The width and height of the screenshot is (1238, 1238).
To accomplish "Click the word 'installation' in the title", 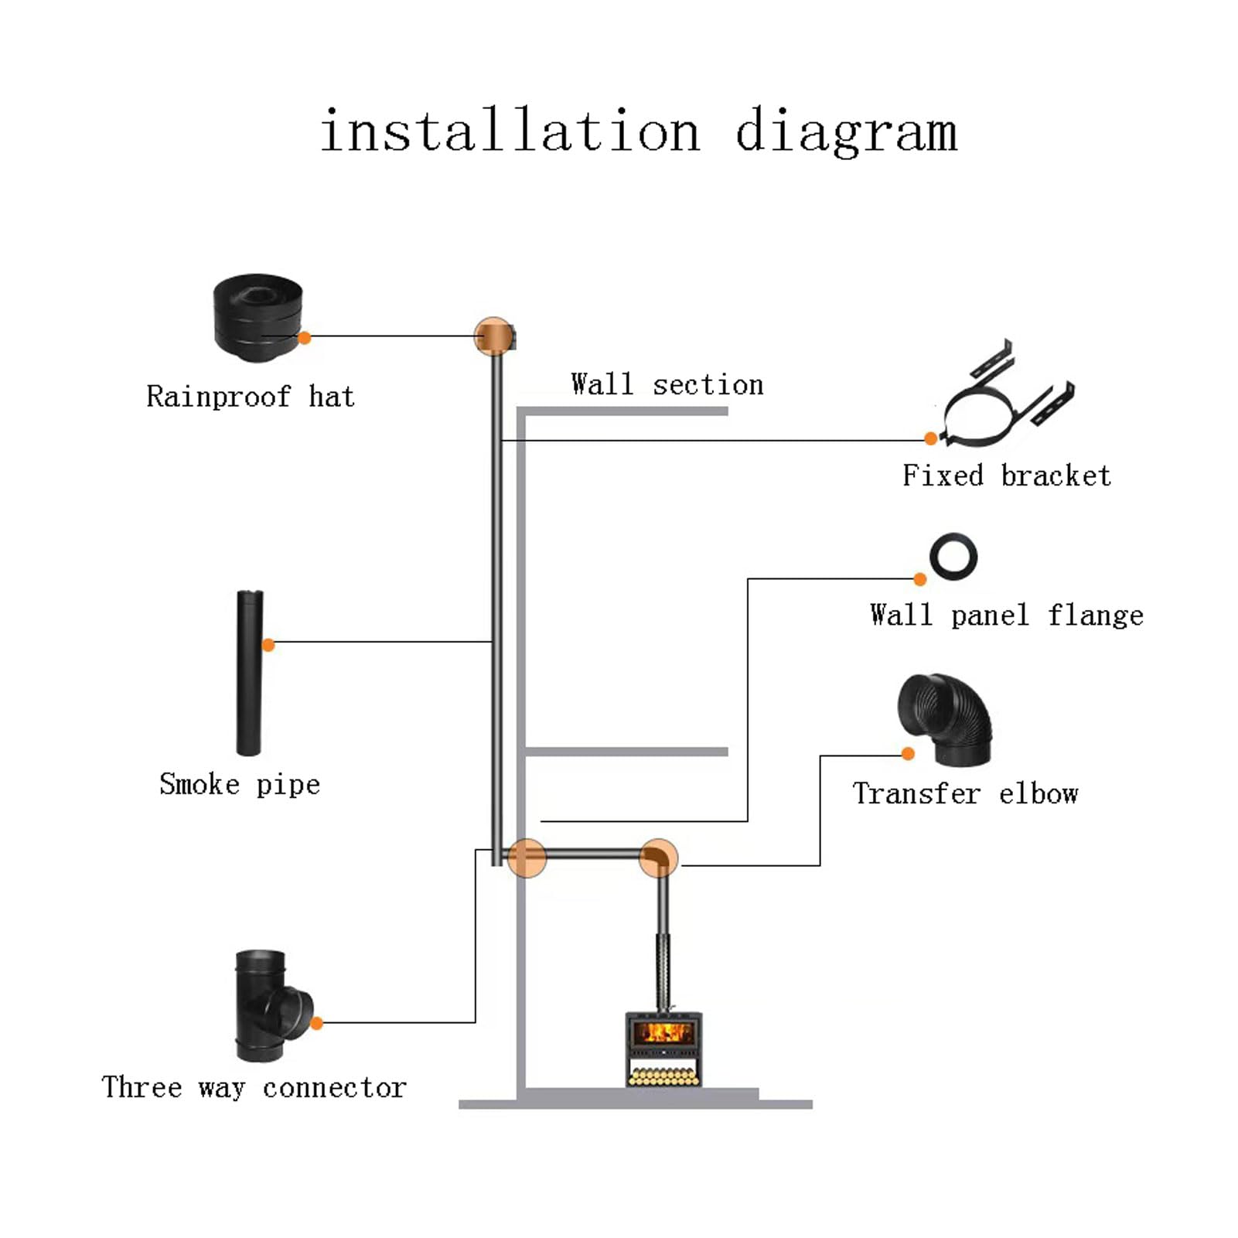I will click(510, 131).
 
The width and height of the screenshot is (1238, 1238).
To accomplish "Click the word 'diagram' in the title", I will click(846, 132).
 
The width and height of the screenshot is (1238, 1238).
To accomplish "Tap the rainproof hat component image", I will click(257, 317).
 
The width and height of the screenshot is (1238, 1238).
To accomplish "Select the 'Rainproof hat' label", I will click(251, 397).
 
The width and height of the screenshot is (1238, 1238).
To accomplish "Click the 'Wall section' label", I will click(667, 384).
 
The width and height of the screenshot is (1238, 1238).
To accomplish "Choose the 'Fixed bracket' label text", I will click(1006, 476).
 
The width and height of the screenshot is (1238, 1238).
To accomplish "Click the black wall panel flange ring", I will click(953, 557).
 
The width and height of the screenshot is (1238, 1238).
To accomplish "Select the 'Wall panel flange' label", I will click(1006, 616).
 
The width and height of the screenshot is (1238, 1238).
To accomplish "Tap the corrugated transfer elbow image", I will click(945, 718).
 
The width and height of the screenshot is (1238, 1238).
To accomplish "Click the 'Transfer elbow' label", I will click(965, 794).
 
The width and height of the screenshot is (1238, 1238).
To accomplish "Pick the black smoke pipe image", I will click(249, 672).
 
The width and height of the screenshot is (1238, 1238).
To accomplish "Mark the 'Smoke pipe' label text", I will click(240, 784).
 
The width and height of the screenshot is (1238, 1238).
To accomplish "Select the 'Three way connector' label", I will click(254, 1087).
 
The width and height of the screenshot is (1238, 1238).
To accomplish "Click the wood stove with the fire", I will click(663, 1048).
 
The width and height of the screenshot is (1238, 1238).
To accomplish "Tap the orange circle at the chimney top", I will click(493, 336).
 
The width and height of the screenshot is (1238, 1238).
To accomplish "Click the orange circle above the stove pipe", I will click(659, 858).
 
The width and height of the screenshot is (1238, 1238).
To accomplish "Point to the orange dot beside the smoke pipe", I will click(268, 645).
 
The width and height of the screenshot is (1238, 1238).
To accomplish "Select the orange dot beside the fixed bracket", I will click(931, 439).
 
